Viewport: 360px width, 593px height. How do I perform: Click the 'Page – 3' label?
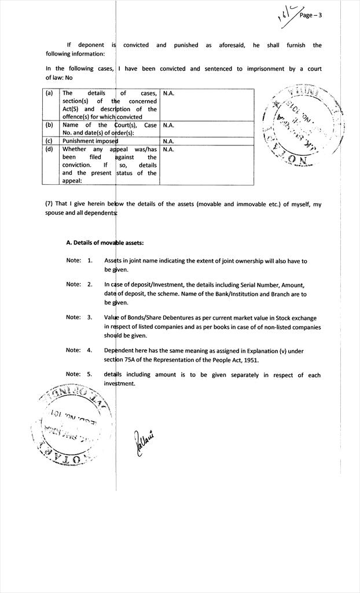pyautogui.click(x=310, y=16)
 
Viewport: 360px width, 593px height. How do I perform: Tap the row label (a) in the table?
pyautogui.click(x=49, y=93)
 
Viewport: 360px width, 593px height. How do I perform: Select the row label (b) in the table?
pyautogui.click(x=49, y=125)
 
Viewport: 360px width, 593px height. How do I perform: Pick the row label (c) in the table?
pyautogui.click(x=49, y=141)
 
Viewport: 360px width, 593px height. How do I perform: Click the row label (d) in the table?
pyautogui.click(x=49, y=149)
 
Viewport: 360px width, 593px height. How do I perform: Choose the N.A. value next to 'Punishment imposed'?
pyautogui.click(x=168, y=141)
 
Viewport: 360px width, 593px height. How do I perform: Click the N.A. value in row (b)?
pyautogui.click(x=168, y=125)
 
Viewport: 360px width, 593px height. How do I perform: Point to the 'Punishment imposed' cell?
pyautogui.click(x=90, y=141)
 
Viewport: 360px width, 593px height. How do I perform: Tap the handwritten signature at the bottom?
pyautogui.click(x=145, y=442)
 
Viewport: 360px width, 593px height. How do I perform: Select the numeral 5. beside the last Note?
pyautogui.click(x=90, y=374)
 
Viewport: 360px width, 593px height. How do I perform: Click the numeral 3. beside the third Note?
pyautogui.click(x=90, y=317)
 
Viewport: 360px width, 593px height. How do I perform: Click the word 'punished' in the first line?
pyautogui.click(x=186, y=45)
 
